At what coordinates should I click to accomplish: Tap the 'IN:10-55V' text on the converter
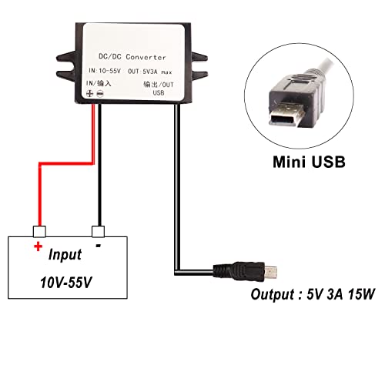[103, 71]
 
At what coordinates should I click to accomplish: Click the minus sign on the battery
[99, 245]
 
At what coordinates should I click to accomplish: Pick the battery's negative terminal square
[97, 230]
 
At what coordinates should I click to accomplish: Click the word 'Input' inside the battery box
[69, 255]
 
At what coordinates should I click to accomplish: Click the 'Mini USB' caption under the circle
[308, 163]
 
